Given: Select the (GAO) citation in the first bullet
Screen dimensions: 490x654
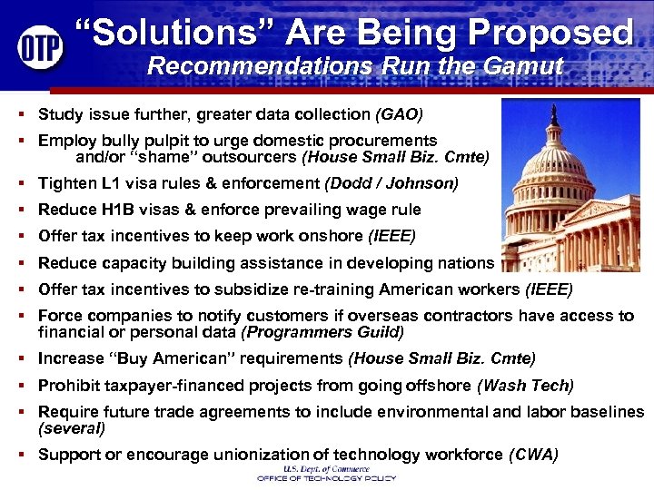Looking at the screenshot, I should tap(399, 115).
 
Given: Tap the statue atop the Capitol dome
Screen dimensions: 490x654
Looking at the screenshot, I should tap(553, 113).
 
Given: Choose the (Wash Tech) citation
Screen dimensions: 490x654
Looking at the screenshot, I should tap(525, 385).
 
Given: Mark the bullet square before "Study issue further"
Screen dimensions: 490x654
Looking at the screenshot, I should tap(20, 116).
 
